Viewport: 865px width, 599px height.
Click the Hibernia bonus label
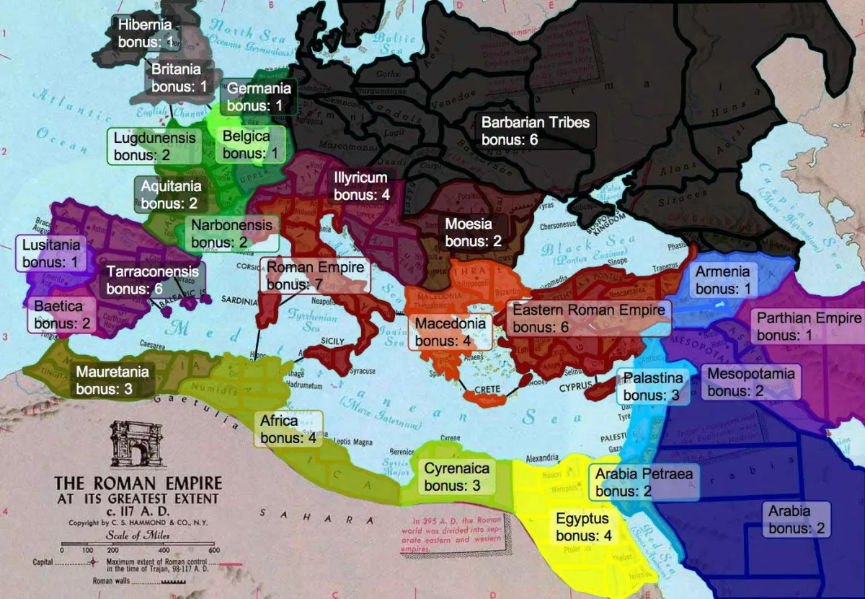pyautogui.click(x=145, y=33)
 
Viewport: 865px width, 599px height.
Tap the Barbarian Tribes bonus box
pyautogui.click(x=535, y=131)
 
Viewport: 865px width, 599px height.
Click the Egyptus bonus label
pyautogui.click(x=583, y=527)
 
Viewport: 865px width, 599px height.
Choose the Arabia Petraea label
pyautogui.click(x=644, y=482)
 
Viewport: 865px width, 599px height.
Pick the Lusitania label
pyautogui.click(x=50, y=253)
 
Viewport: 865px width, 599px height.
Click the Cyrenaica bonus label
pyautogui.click(x=456, y=476)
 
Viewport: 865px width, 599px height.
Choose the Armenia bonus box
pyautogui.click(x=722, y=280)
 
